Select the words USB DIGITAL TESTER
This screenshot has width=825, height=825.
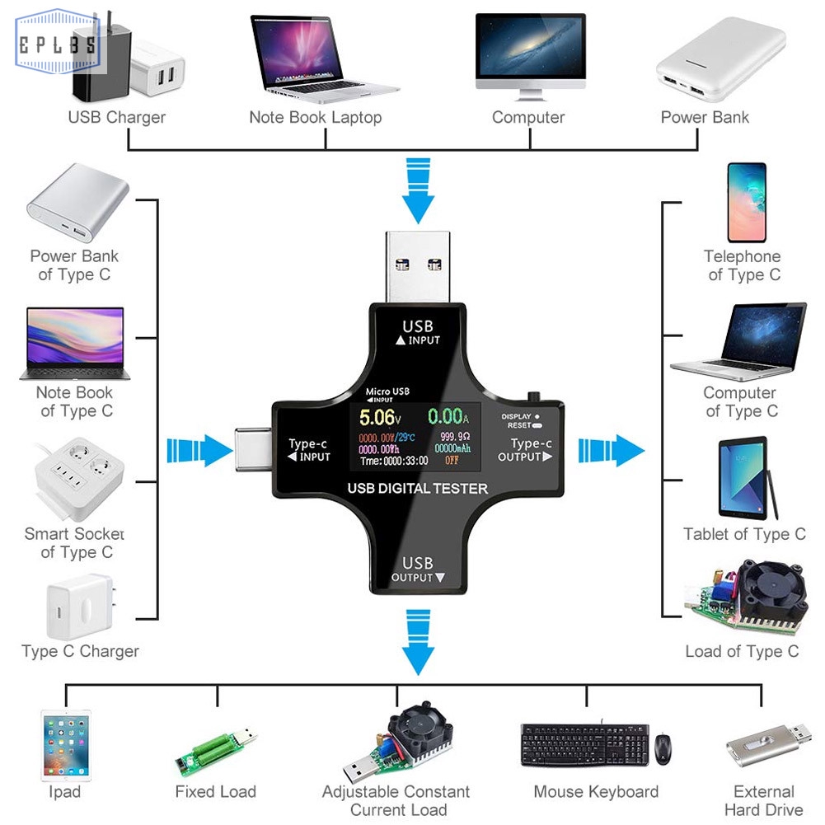pyautogui.click(x=417, y=489)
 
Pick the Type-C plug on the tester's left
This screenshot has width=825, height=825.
pyautogui.click(x=253, y=450)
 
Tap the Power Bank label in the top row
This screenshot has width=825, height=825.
pyautogui.click(x=705, y=117)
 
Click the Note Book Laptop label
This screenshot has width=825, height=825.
pyautogui.click(x=315, y=117)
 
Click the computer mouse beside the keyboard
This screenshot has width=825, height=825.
pyautogui.click(x=663, y=748)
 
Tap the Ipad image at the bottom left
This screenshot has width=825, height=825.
pyautogui.click(x=65, y=745)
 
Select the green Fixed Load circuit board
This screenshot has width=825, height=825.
pyautogui.click(x=217, y=750)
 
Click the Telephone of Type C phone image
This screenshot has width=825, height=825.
pyautogui.click(x=746, y=203)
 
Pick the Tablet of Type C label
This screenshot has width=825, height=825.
pyautogui.click(x=744, y=534)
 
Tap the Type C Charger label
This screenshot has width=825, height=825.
pyautogui.click(x=80, y=651)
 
